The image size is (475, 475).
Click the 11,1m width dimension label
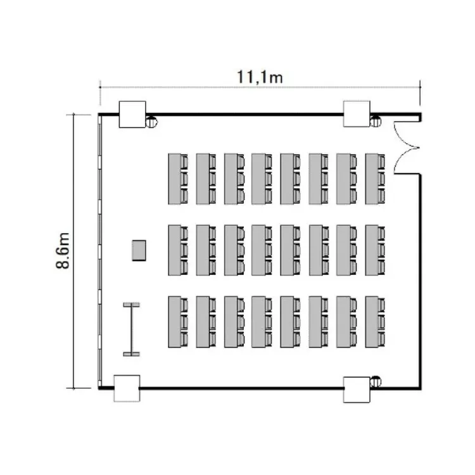click(260, 77)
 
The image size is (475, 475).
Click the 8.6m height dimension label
click(63, 251)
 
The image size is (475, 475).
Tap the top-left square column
click(132, 114)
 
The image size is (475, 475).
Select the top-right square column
click(357, 114)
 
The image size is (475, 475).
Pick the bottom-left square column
click(127, 388)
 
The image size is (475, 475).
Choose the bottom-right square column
click(357, 390)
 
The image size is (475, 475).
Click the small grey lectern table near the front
click(139, 250)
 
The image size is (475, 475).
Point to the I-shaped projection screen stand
click(132, 329)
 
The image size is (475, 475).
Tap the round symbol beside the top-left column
click(151, 122)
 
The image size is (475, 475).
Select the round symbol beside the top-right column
click(376, 122)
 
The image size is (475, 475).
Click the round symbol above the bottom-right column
click(376, 381)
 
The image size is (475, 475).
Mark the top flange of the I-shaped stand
click(132, 305)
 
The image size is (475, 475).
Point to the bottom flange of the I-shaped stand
click(132, 354)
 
